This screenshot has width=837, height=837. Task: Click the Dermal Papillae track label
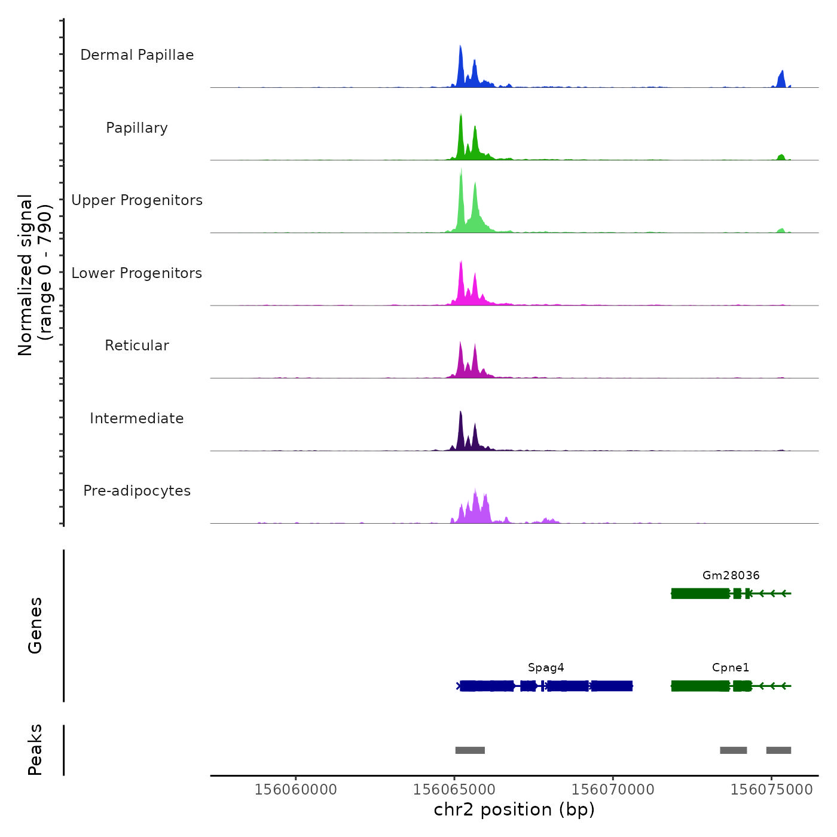[x=137, y=55]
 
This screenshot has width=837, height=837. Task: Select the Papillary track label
[x=137, y=128]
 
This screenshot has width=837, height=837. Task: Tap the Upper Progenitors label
[x=137, y=200]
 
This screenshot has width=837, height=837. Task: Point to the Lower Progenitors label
[x=137, y=273]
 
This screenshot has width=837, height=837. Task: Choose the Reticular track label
[x=137, y=346]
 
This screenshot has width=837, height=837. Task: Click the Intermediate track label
[x=137, y=418]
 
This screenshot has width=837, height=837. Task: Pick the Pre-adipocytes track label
[x=137, y=491]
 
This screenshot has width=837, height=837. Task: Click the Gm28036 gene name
[x=731, y=576]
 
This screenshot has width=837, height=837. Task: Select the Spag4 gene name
[x=546, y=668]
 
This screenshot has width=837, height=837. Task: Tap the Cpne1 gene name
[x=731, y=668]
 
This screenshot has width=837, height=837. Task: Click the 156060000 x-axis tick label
[x=296, y=790]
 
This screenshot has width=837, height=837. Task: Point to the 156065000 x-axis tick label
[x=454, y=790]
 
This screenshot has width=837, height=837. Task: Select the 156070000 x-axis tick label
[x=613, y=790]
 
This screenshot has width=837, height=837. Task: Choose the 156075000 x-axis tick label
[x=771, y=790]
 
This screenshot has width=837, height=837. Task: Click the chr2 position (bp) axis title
[x=514, y=809]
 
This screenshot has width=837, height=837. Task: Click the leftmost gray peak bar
[x=470, y=750]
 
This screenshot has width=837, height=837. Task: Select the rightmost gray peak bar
[x=778, y=750]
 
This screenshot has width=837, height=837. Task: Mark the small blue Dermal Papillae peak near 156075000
[x=781, y=79]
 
